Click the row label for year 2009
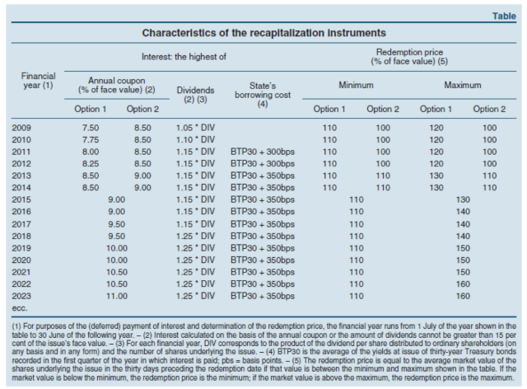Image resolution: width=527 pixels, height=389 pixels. [x=23, y=129]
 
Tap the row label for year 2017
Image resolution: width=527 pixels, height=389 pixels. [x=23, y=223]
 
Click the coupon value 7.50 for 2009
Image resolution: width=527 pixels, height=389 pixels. [x=92, y=129]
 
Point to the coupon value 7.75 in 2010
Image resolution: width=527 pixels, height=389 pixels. [x=92, y=140]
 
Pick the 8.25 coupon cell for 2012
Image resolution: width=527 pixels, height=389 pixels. [x=92, y=164]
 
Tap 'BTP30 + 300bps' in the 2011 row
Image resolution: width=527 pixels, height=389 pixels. [x=260, y=152]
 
